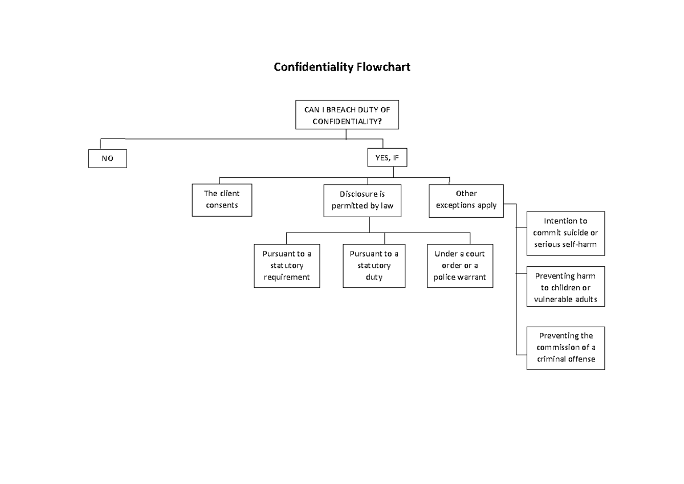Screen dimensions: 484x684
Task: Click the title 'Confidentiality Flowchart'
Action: (341, 67)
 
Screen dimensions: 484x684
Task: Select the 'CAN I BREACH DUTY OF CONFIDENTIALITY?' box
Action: (347, 116)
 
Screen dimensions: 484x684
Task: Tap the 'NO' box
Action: (107, 159)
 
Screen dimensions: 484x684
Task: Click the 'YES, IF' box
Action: (388, 158)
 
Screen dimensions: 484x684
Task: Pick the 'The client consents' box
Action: (222, 200)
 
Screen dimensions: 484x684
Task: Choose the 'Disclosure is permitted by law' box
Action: (363, 200)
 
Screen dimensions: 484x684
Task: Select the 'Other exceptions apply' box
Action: (466, 200)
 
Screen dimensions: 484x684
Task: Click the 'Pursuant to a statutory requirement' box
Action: (286, 266)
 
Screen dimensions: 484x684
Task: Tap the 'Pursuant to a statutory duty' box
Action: (374, 266)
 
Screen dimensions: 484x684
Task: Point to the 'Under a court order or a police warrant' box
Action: (459, 266)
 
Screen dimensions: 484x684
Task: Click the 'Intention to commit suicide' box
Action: (565, 233)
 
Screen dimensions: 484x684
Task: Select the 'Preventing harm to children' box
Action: (565, 287)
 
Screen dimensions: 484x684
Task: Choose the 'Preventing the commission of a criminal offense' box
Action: (565, 348)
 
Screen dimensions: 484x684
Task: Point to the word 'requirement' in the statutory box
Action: (286, 278)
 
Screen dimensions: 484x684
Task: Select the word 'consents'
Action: (222, 205)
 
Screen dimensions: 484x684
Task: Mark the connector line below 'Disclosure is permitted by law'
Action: (369, 225)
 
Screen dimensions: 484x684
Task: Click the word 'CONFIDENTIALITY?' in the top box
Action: (347, 121)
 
